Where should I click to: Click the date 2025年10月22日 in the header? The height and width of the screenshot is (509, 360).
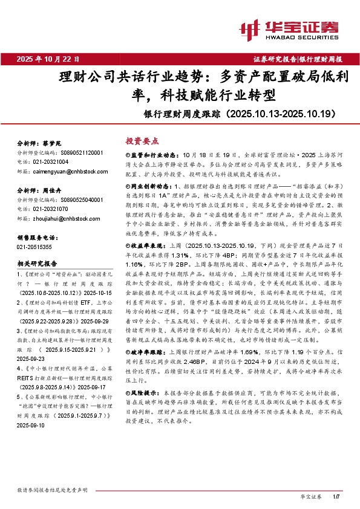pos(48,59)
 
